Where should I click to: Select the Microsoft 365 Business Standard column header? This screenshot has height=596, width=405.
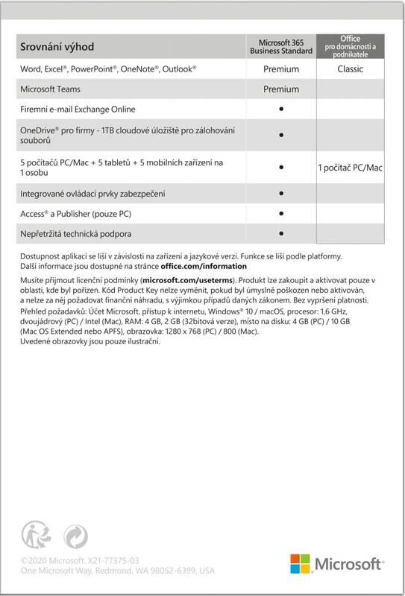click(x=281, y=47)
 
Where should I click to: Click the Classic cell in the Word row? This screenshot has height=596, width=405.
click(x=350, y=69)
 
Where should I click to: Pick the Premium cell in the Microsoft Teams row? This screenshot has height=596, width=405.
click(x=281, y=89)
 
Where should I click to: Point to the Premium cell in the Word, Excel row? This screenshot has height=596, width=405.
click(x=281, y=69)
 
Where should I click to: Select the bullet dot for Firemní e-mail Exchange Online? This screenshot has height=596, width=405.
click(x=282, y=109)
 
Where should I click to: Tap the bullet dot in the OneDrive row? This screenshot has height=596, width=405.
click(x=282, y=136)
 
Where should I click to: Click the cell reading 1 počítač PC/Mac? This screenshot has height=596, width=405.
click(x=350, y=168)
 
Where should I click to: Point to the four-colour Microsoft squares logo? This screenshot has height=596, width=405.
click(x=300, y=563)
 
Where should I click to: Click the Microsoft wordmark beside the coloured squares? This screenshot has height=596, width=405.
click(x=351, y=564)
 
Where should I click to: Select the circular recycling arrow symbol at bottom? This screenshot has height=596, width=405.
click(x=77, y=535)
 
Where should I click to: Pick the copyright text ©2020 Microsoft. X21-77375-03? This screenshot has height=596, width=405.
click(x=81, y=559)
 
